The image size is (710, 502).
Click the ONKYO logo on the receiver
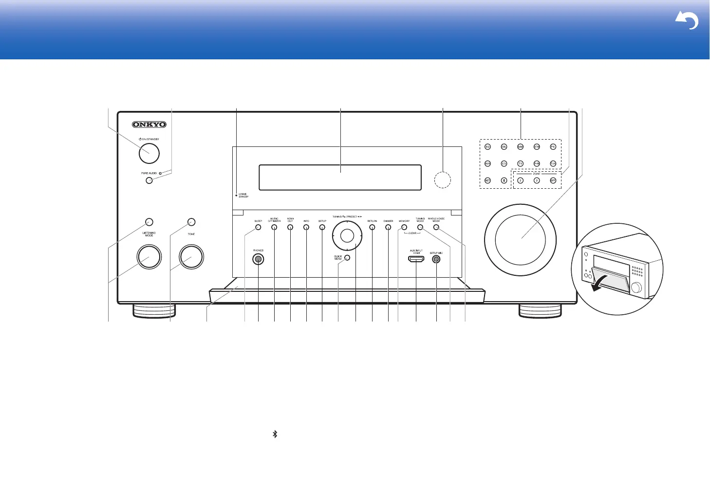pyautogui.click(x=149, y=125)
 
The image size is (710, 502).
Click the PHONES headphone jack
pyautogui.click(x=258, y=259)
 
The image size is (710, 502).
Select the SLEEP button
pyautogui.click(x=258, y=227)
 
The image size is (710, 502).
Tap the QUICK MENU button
pyautogui.click(x=347, y=257)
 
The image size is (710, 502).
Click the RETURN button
pyautogui.click(x=372, y=227)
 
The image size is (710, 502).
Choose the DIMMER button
pyautogui.click(x=388, y=227)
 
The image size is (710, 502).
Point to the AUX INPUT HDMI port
pyautogui.click(x=416, y=259)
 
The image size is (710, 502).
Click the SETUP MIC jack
pyautogui.click(x=436, y=259)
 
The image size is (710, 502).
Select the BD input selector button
pyautogui.click(x=487, y=146)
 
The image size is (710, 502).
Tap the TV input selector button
pyautogui.click(x=520, y=163)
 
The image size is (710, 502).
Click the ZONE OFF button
pyautogui.click(x=553, y=180)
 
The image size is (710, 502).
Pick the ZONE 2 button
pyautogui.click(x=520, y=180)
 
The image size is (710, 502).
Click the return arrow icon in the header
pyautogui.click(x=687, y=21)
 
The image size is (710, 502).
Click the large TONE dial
pyautogui.click(x=191, y=257)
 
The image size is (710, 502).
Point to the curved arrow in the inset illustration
pyautogui.click(x=602, y=284)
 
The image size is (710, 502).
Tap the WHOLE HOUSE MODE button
pyautogui.click(x=436, y=227)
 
